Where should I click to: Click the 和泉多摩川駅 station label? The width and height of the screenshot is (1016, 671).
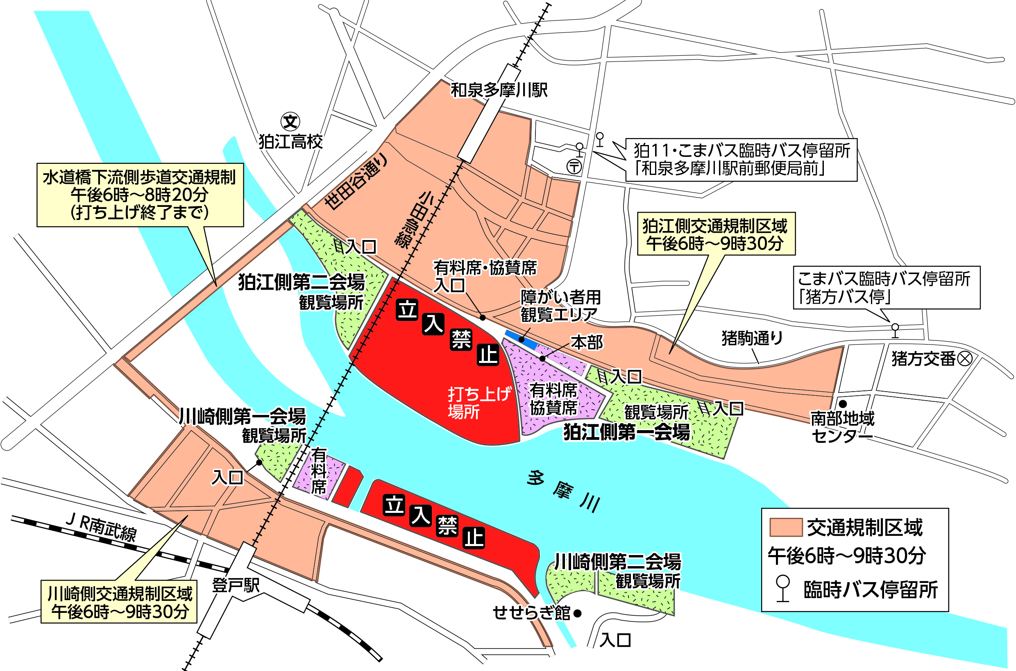pos(499,90)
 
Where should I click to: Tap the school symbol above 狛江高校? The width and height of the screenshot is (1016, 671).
pos(290,122)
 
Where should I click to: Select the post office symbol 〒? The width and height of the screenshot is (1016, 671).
pos(574,166)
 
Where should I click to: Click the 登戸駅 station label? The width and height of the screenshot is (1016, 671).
pos(236,585)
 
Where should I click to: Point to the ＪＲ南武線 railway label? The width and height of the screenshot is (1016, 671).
pos(101,528)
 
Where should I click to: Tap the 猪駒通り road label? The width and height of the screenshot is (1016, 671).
pos(752,338)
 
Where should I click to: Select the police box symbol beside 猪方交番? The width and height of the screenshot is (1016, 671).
pos(964,358)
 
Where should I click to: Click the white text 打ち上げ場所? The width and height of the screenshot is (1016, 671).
pos(479,403)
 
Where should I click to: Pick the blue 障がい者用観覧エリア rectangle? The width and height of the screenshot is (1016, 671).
pos(521,339)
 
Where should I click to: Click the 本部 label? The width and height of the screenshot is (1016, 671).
pos(587,342)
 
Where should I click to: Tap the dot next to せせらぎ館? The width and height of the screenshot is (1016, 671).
pos(577,614)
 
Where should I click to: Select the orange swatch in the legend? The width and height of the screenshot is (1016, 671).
pos(786,527)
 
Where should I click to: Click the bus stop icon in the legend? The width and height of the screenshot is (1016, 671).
pos(783,588)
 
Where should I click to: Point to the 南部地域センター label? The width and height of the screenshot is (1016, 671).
pos(842,427)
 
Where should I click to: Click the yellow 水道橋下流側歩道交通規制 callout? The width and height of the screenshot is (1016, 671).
pos(140,195)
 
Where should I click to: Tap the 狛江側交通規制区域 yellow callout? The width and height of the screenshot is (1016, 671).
pos(716,233)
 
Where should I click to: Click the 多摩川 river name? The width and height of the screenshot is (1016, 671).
pos(563,490)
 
